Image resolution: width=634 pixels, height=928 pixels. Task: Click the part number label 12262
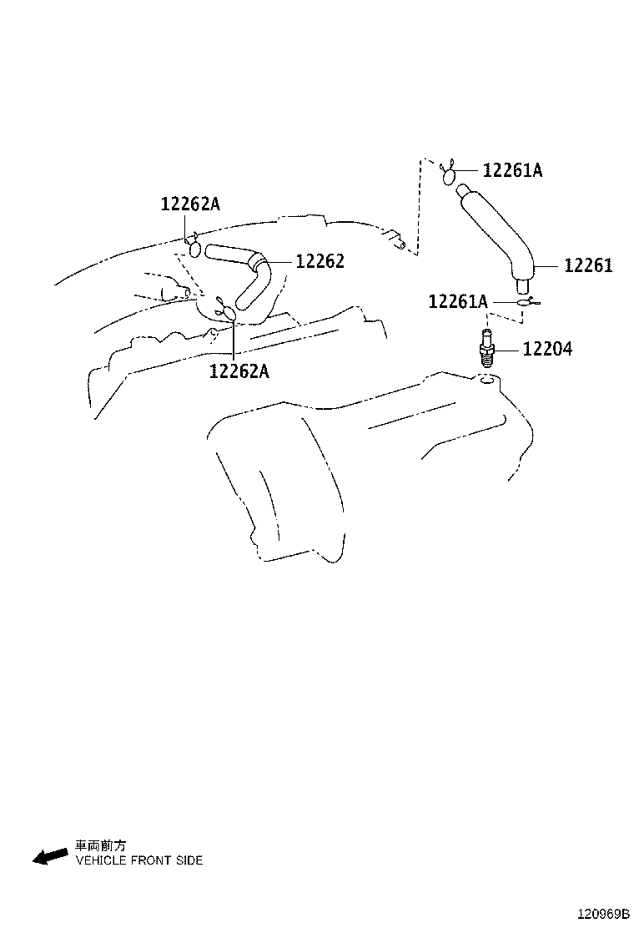(320, 261)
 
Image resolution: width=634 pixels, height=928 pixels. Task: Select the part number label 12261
(588, 265)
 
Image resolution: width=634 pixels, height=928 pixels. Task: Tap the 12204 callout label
(547, 349)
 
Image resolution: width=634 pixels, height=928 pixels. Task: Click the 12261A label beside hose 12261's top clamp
(513, 170)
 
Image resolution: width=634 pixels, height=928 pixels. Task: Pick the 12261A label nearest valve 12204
(458, 302)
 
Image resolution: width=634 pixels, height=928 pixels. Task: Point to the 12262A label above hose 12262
(190, 204)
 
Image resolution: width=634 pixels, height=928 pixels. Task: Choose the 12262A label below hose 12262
(239, 371)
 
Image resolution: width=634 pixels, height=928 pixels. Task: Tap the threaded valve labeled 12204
(486, 351)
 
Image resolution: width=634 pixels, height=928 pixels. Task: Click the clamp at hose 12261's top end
(449, 174)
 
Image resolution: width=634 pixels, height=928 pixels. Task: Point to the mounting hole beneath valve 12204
(486, 380)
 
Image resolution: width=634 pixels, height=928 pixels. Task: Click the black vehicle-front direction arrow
(50, 855)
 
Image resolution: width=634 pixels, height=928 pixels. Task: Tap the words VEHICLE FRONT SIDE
(139, 860)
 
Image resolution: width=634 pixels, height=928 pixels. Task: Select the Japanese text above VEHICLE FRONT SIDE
(100, 845)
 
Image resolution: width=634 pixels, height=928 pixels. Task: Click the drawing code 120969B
(603, 915)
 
